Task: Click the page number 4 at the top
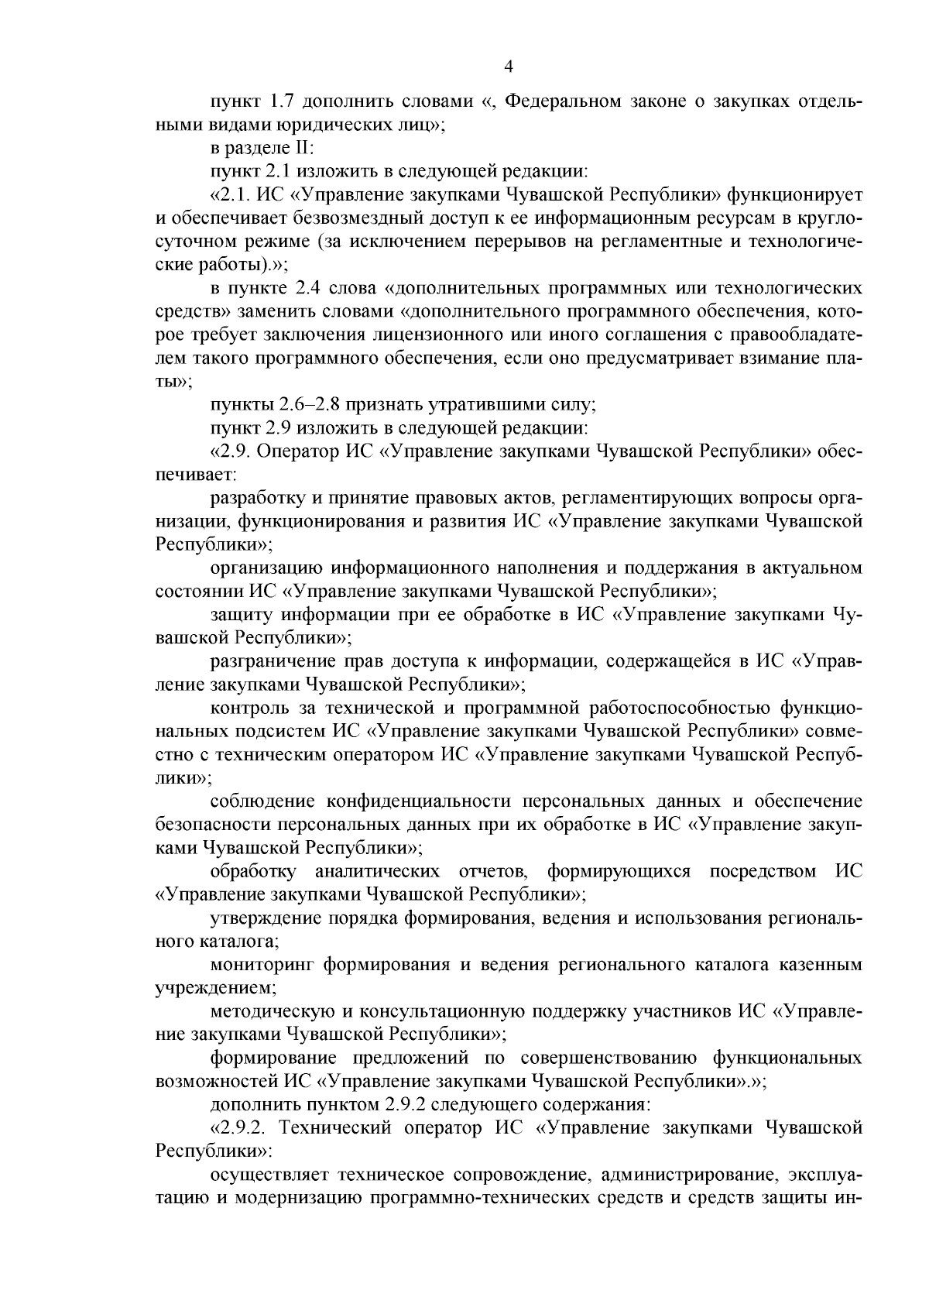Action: [x=509, y=67]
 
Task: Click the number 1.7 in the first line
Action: [x=281, y=102]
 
